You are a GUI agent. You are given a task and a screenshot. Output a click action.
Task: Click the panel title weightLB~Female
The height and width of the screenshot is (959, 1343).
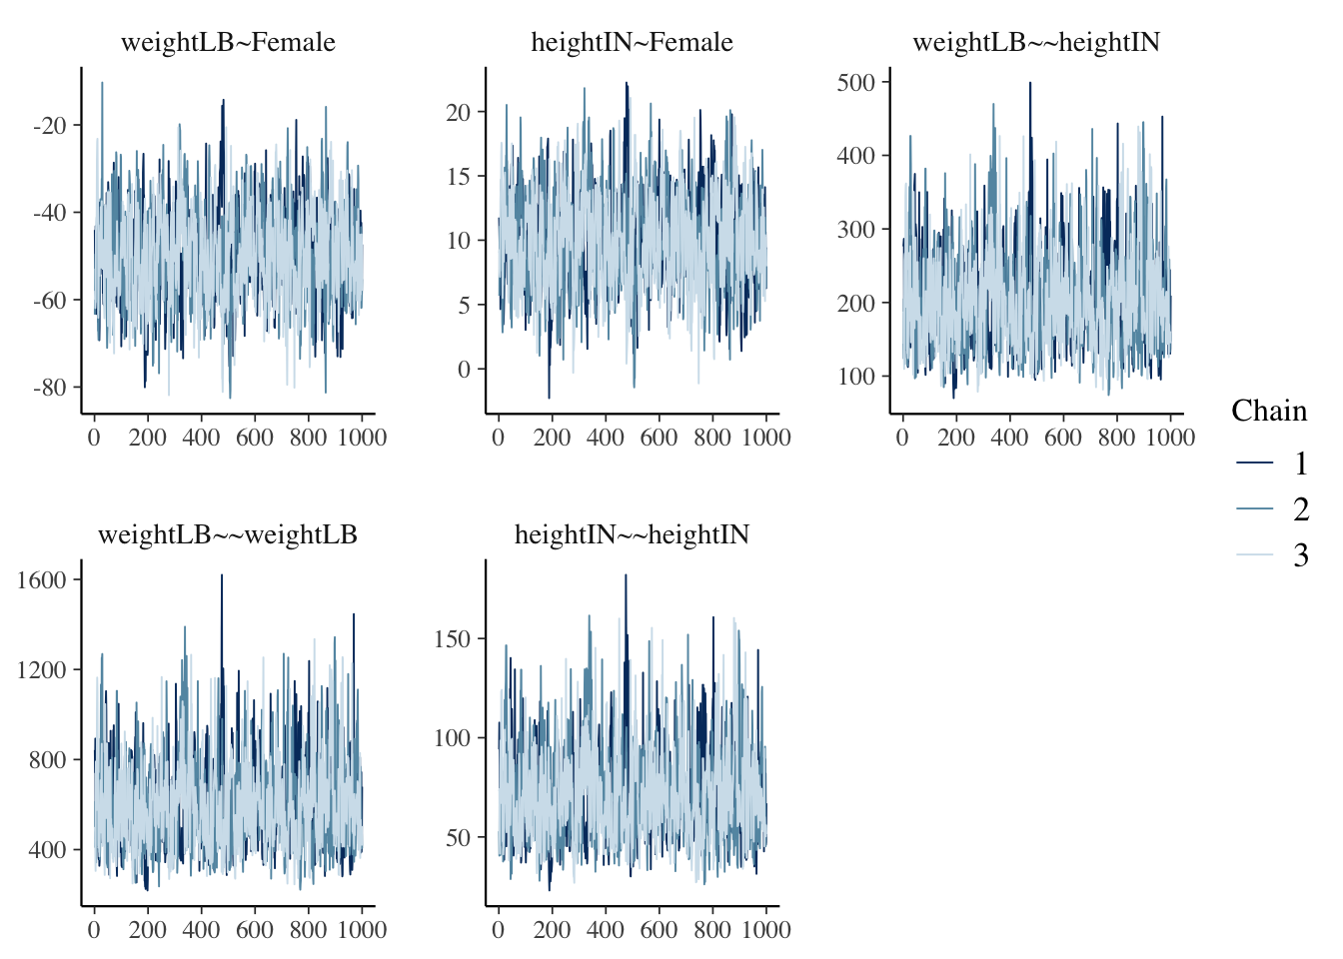pos(228,43)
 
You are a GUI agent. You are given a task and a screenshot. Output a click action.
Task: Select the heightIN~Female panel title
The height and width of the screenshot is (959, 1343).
pos(632,43)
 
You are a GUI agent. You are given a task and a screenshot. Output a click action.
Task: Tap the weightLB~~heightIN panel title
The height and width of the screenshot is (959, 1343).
pos(1036,43)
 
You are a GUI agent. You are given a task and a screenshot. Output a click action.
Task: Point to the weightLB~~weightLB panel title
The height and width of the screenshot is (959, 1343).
pos(228,535)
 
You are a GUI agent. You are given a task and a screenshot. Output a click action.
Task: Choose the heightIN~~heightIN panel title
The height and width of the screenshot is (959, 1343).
pos(632,535)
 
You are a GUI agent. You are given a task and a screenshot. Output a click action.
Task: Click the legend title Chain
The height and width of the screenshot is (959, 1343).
pos(1269,412)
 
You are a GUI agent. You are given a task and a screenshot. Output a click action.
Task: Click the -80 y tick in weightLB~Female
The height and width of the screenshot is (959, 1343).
pos(50,388)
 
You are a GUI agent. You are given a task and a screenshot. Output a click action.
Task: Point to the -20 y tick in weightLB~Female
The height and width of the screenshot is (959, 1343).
pos(50,126)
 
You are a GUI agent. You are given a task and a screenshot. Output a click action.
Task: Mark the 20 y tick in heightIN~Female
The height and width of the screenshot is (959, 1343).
pos(458,112)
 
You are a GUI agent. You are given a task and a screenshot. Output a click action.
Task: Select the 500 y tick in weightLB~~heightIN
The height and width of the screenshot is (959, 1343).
pos(856,83)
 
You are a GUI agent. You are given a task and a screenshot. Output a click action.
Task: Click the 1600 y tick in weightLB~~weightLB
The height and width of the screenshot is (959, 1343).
pos(42,580)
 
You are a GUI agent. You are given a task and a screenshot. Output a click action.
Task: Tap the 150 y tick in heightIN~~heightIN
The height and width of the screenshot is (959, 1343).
pos(452,639)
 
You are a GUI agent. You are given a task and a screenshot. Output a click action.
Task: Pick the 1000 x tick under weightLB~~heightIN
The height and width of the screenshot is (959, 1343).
pos(1170,438)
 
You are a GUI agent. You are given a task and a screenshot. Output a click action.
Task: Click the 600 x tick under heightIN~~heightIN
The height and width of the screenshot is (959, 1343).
pos(659,930)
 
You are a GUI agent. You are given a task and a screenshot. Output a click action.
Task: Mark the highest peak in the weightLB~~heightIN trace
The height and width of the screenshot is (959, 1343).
pos(1030,84)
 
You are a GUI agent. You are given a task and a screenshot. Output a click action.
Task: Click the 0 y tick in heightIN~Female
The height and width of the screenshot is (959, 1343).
pos(464,370)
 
